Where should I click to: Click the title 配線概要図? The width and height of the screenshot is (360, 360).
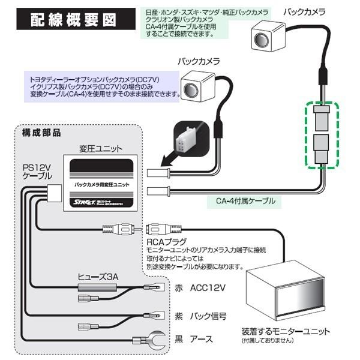(x=73, y=19)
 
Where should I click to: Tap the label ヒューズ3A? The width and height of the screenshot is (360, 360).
(x=99, y=277)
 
